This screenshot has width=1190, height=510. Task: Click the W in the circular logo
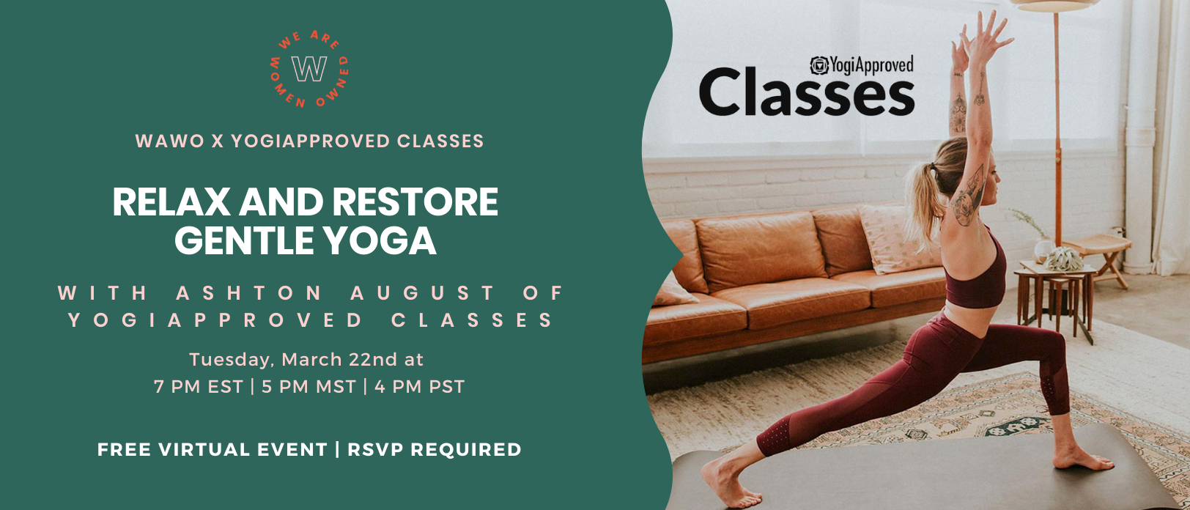(x=309, y=69)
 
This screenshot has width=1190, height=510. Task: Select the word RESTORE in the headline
(x=415, y=202)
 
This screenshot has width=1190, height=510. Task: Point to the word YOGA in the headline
(x=380, y=241)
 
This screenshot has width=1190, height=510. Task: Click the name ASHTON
(x=249, y=292)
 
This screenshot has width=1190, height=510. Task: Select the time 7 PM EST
(x=199, y=387)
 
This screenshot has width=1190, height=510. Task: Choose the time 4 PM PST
(x=420, y=387)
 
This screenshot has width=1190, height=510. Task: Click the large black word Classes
(x=807, y=94)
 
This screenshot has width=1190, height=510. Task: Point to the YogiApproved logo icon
(x=819, y=65)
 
